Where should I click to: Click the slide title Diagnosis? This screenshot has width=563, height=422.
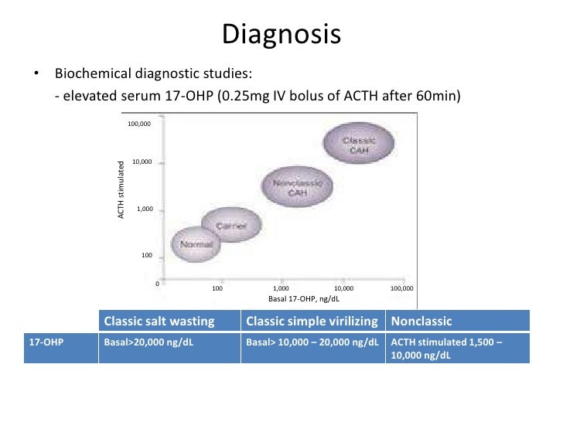coord(281,35)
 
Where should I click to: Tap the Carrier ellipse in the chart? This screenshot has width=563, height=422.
coord(230,226)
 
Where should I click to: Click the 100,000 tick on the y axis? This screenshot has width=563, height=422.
coord(140,124)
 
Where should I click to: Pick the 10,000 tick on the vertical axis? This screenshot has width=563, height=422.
coord(142,162)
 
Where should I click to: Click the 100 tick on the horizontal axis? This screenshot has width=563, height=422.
coord(217,288)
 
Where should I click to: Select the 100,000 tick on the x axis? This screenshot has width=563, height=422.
coord(402,288)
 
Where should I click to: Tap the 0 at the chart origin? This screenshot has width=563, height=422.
coord(157,284)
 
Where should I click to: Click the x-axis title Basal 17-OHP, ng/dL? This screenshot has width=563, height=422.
coord(303,298)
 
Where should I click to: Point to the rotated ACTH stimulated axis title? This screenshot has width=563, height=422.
coord(121,189)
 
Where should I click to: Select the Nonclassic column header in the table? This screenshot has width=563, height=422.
coord(421,321)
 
